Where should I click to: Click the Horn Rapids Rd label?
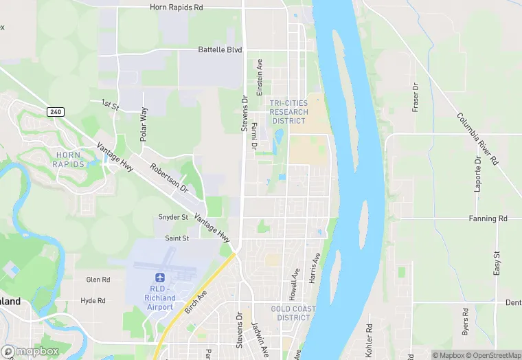point(177,8)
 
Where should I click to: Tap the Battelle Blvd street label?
point(220,49)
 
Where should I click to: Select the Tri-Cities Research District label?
point(288,112)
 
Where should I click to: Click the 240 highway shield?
point(55,111)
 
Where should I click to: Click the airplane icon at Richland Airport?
point(161,278)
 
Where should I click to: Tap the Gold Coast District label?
point(293,313)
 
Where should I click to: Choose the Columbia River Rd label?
point(477,138)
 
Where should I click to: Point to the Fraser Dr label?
point(416,98)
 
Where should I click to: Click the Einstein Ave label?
point(260,76)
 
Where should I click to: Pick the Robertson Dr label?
point(169,177)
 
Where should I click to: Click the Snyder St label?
point(173,217)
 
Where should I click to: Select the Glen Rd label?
point(98,280)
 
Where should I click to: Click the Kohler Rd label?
point(369,340)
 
